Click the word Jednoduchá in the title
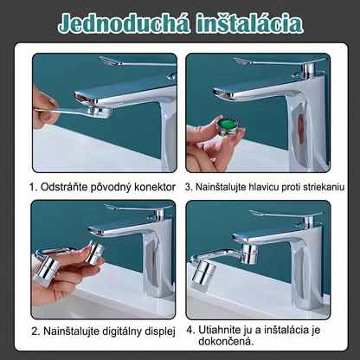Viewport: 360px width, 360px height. pyautogui.click(x=124, y=23)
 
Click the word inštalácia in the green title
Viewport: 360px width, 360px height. pyautogui.click(x=250, y=23)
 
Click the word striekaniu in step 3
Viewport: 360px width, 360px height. pyautogui.click(x=324, y=187)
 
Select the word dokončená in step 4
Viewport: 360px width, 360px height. pyautogui.click(x=226, y=342)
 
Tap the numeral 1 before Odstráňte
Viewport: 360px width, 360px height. pyautogui.click(x=33, y=187)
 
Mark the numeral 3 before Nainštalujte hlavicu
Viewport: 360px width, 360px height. pyautogui.click(x=189, y=187)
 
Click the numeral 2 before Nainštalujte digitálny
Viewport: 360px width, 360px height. pyautogui.click(x=35, y=331)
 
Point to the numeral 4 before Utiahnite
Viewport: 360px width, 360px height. pyautogui.click(x=190, y=330)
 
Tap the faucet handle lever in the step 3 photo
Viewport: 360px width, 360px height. pyautogui.click(x=279, y=61)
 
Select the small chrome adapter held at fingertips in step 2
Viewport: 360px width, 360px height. pyautogui.click(x=95, y=252)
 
